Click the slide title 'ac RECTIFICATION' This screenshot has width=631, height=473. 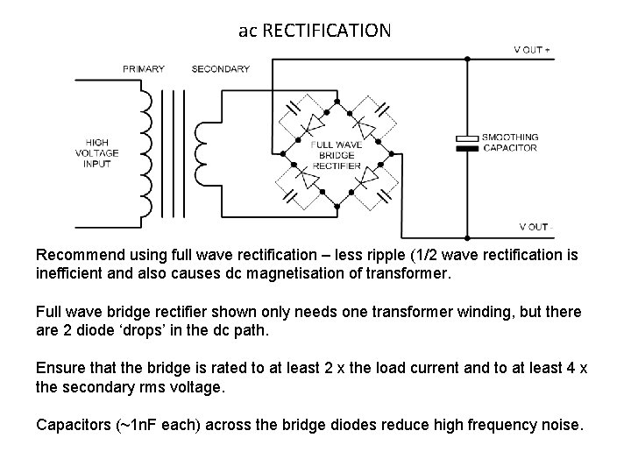(x=315, y=31)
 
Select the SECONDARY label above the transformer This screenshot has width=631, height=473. (x=220, y=68)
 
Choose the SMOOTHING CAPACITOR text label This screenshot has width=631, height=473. (x=512, y=143)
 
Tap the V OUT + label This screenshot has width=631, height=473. (x=532, y=50)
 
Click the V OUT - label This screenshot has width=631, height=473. (x=534, y=227)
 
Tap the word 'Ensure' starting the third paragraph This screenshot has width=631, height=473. (x=57, y=368)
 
